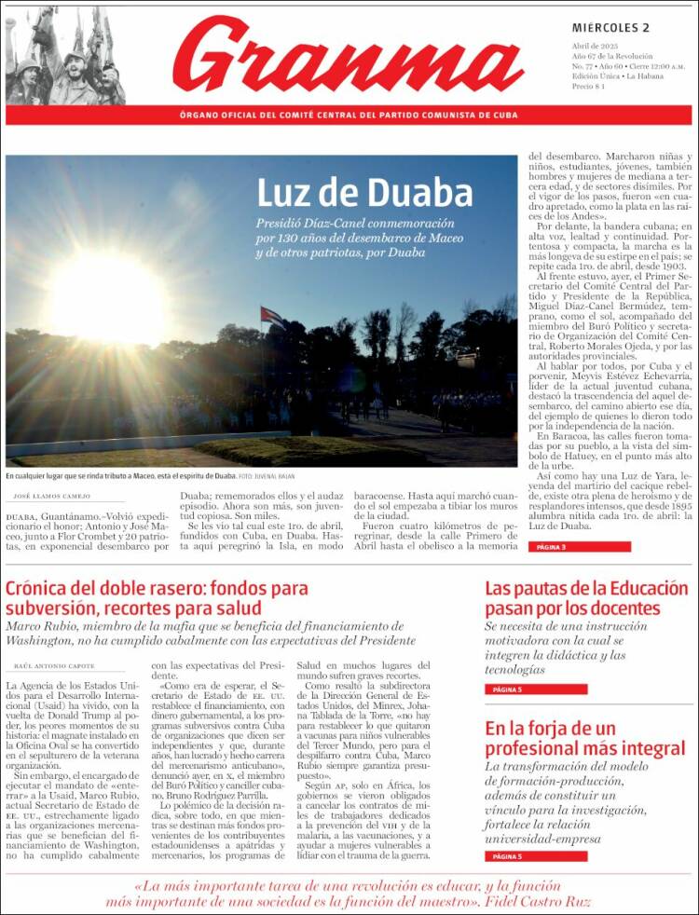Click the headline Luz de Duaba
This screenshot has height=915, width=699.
[364, 192]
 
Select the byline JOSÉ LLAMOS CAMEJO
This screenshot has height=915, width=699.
[52, 498]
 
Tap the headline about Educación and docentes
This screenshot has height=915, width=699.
[585, 598]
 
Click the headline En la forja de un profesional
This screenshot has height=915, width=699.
[584, 737]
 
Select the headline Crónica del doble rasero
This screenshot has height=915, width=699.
[157, 599]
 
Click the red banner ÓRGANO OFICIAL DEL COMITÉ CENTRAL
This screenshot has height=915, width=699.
[349, 115]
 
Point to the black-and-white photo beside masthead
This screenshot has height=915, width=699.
[64, 55]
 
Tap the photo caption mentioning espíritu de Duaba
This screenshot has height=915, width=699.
[121, 476]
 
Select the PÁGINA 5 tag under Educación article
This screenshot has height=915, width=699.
[507, 690]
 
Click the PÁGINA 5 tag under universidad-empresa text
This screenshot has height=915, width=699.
[507, 855]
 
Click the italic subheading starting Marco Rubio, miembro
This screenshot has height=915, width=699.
[210, 634]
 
